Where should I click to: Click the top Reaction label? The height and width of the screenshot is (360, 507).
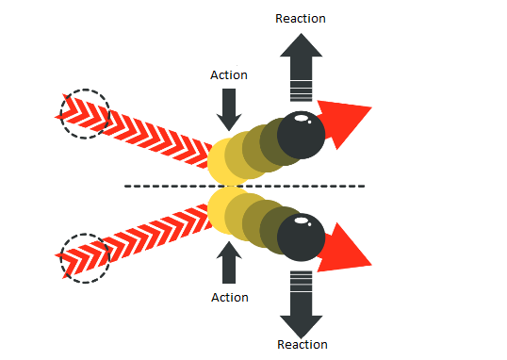tap(301, 19)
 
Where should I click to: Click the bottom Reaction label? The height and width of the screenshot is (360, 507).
tap(303, 345)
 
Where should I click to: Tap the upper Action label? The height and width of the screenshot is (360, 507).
tap(229, 75)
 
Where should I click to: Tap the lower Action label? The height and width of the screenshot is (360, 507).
tap(230, 298)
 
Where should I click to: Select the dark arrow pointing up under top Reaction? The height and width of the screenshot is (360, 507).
tap(301, 67)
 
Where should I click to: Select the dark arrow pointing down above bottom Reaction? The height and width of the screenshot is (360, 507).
tap(301, 305)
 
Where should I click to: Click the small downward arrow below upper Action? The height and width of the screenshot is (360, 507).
tap(229, 110)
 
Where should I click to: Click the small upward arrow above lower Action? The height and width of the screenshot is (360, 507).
tap(229, 262)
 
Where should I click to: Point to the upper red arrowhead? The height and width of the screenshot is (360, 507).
tap(344, 123)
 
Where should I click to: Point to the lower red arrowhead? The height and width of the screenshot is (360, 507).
tap(344, 249)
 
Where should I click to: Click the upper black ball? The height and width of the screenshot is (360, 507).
tap(301, 135)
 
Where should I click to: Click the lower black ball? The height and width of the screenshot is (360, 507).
tap(301, 237)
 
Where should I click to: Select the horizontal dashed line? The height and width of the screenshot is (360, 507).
tap(245, 186)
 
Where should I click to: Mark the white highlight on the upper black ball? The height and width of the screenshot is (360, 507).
tap(302, 118)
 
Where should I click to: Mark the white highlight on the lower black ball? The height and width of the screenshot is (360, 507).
tap(302, 221)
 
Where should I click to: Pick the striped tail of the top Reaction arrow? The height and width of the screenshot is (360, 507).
tap(301, 91)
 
